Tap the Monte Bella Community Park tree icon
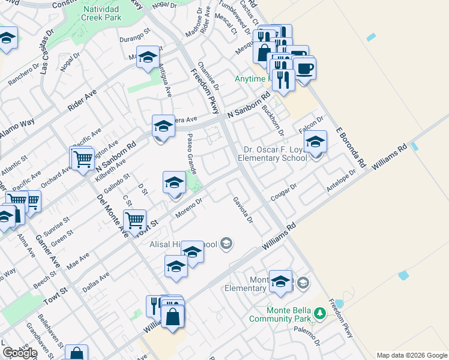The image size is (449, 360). [x=320, y=313]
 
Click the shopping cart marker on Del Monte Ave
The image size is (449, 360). [x=135, y=219]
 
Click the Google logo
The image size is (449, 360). [x=20, y=352]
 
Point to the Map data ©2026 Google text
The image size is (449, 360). [x=411, y=355]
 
